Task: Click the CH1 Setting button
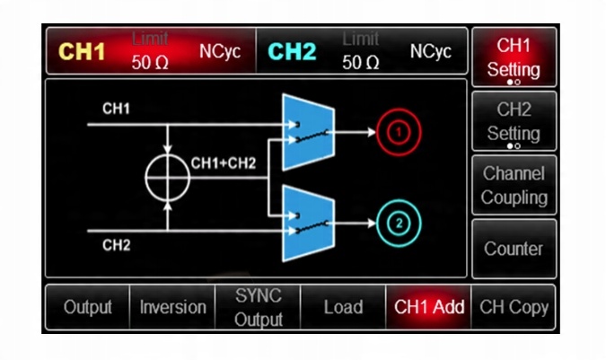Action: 514,57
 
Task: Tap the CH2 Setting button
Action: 514,121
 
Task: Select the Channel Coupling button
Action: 514,185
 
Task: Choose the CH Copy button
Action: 514,307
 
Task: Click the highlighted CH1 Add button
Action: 429,307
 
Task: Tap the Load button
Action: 343,307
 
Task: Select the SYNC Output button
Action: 259,307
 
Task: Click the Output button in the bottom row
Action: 88,307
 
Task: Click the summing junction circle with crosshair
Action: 168,176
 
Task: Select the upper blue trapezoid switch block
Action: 308,132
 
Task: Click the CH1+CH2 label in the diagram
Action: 224,164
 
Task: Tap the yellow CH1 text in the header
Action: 83,51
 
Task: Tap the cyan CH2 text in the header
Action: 293,51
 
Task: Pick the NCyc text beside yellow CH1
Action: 220,51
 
